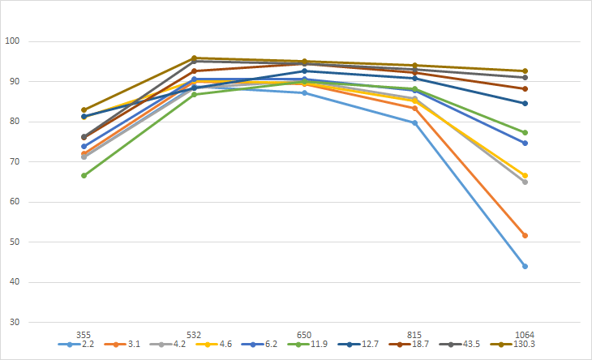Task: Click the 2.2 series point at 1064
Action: [x=525, y=266]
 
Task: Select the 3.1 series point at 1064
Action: [x=525, y=235]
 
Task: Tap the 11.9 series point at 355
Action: [x=84, y=175]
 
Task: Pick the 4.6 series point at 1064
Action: [x=525, y=175]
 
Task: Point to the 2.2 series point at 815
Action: [x=414, y=122]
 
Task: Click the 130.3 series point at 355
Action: [x=84, y=109]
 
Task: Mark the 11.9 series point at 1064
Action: [x=525, y=132]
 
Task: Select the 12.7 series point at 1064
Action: [x=525, y=103]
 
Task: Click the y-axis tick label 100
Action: [x=12, y=41]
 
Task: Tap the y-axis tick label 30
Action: [x=15, y=323]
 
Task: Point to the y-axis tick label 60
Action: [x=15, y=202]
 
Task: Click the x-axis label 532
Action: [x=194, y=334]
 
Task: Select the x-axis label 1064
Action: [x=525, y=334]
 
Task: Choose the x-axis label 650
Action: [x=304, y=334]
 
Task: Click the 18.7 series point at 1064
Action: [x=525, y=88]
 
